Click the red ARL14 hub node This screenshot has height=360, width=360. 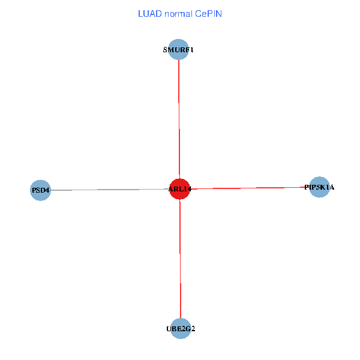pyautogui.click(x=179, y=189)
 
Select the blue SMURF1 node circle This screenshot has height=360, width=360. pyautogui.click(x=178, y=50)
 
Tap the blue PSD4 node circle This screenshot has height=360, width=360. pyautogui.click(x=40, y=190)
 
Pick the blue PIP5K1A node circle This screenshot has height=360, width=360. pyautogui.click(x=319, y=187)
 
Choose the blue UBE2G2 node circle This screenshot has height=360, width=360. pyautogui.click(x=180, y=328)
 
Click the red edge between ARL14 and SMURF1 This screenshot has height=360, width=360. pyautogui.click(x=179, y=120)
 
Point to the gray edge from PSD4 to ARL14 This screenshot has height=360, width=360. pyautogui.click(x=108, y=190)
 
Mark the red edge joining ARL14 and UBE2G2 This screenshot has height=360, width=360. pyautogui.click(x=180, y=258)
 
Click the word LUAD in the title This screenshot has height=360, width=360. pyautogui.click(x=149, y=13)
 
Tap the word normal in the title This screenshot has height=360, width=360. pyautogui.click(x=179, y=13)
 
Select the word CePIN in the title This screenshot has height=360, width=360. pyautogui.click(x=208, y=13)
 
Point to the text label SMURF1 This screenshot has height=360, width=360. pyautogui.click(x=178, y=50)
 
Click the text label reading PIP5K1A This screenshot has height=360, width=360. pyautogui.click(x=319, y=188)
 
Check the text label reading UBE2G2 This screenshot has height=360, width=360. pyautogui.click(x=181, y=329)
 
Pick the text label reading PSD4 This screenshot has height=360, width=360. pyautogui.click(x=40, y=191)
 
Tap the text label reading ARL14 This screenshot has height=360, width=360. pyautogui.click(x=180, y=190)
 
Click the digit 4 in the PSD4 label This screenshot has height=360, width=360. pyautogui.click(x=47, y=191)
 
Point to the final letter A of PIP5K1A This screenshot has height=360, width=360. pyautogui.click(x=331, y=188)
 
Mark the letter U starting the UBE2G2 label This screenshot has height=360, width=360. pyautogui.click(x=169, y=329)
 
